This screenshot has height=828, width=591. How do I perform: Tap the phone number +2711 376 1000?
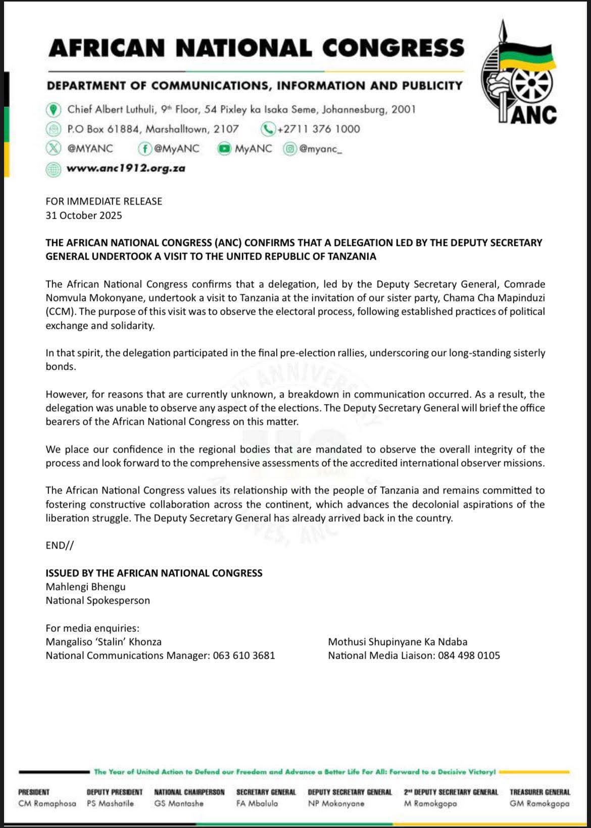point(318,129)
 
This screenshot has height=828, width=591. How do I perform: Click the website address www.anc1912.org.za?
point(126,168)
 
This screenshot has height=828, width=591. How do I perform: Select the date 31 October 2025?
point(84,215)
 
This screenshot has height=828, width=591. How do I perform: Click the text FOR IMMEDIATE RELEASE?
point(104,201)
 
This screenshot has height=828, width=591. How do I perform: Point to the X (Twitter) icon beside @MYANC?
point(53,149)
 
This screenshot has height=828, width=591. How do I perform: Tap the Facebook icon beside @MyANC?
point(145,149)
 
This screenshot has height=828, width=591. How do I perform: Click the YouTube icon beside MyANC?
point(224,149)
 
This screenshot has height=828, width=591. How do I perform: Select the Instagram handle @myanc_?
point(320,149)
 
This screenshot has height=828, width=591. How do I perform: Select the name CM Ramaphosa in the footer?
point(47,803)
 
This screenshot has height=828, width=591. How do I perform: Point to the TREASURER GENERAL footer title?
point(539,792)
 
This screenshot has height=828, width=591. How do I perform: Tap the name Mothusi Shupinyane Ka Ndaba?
point(398,642)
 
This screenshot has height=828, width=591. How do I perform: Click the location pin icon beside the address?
point(53,109)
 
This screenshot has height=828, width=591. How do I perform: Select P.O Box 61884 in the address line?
point(103,129)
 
